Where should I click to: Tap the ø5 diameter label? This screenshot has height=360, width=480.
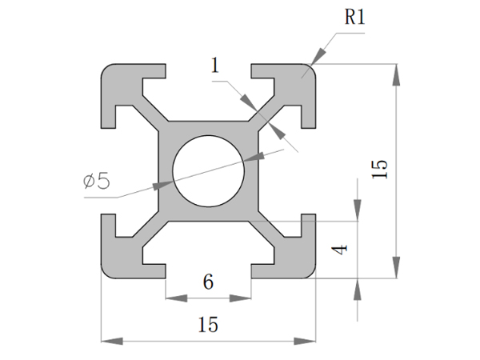click(96, 181)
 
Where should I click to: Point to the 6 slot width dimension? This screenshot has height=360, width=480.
click(208, 282)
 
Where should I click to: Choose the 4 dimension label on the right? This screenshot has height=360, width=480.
click(340, 249)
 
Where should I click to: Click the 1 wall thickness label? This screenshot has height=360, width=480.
click(214, 66)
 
